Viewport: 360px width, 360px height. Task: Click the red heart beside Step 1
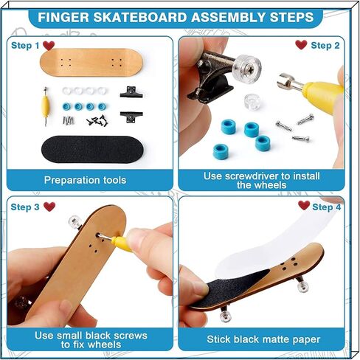click(x=49, y=45)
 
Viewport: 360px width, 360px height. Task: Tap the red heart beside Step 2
click(x=301, y=45)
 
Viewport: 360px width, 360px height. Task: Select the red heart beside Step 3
click(x=49, y=207)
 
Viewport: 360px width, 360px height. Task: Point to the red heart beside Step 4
click(x=304, y=205)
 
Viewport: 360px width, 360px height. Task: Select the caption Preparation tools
click(x=85, y=180)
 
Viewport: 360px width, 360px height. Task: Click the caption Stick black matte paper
click(x=263, y=339)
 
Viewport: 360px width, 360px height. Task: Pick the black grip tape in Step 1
click(x=92, y=149)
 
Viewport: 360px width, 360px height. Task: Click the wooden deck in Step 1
click(x=91, y=63)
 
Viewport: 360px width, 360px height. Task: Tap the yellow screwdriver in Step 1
click(x=45, y=106)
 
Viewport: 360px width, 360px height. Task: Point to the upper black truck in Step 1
click(x=131, y=92)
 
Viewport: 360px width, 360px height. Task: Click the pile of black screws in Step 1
click(x=97, y=120)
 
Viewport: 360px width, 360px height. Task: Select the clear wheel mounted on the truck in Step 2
click(x=246, y=69)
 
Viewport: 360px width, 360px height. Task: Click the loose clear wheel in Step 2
click(x=252, y=102)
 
